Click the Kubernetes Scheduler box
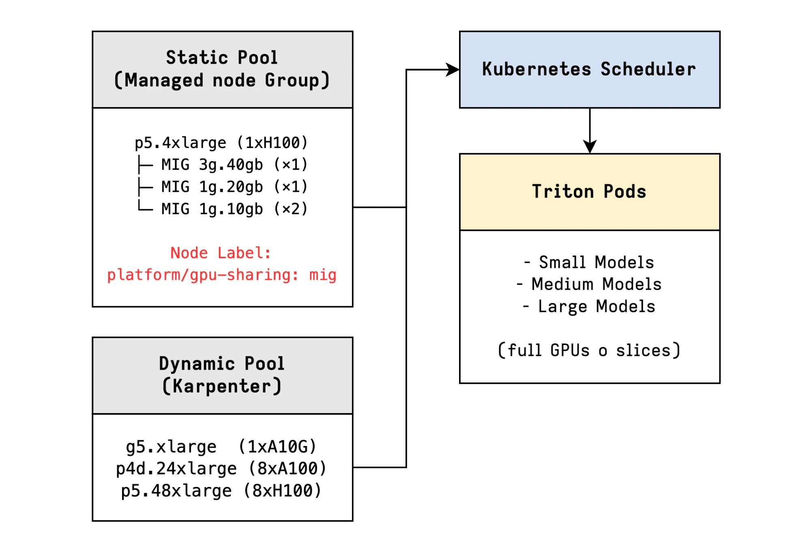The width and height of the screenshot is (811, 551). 589,69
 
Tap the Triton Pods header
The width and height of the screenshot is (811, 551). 589,191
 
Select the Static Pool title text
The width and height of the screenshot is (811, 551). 222,58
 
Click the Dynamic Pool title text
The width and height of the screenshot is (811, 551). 222,364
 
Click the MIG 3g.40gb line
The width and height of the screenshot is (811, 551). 234,165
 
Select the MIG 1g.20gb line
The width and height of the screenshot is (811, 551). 234,187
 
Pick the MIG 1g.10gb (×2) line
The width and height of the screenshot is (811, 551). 234,209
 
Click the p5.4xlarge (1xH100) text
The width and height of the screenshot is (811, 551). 221,143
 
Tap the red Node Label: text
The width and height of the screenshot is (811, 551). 221,253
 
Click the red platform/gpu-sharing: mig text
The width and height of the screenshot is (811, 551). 221,275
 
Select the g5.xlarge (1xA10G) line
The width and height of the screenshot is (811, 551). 221,447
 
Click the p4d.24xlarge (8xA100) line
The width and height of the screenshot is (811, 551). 221,469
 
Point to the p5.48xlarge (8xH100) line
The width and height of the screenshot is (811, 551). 221,491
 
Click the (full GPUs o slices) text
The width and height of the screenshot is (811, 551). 589,351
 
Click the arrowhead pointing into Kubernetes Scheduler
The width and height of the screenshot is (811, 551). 453,69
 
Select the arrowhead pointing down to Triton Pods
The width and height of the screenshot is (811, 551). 590,146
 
